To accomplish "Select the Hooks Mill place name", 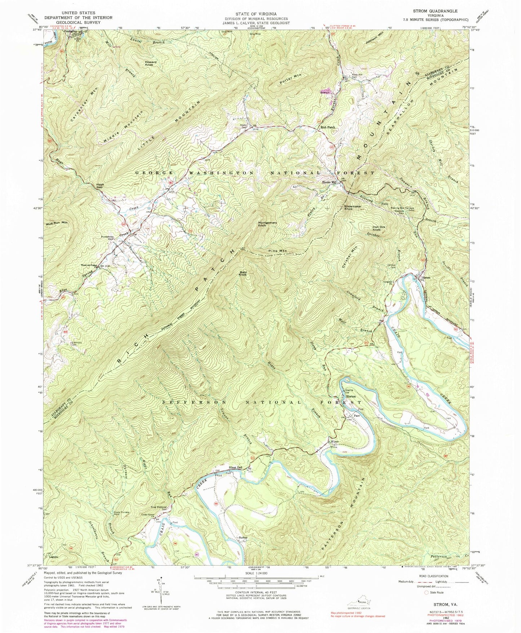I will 329,182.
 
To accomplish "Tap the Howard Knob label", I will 151,63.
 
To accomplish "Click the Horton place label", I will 351,396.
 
